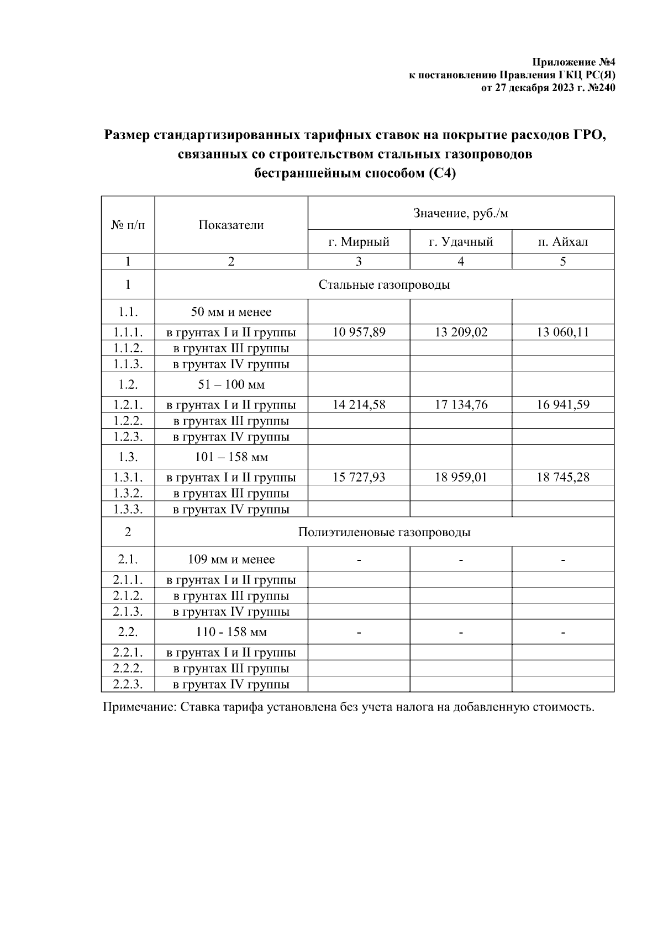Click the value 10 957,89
tap(359, 332)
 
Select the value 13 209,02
tap(461, 332)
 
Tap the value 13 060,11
tap(562, 332)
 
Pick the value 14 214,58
tap(359, 405)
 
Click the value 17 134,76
tap(461, 405)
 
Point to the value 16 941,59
tap(562, 405)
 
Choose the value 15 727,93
tap(359, 477)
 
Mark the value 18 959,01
tap(461, 477)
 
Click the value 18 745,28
tap(562, 477)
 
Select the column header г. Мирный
tap(359, 242)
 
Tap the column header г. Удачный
tap(461, 242)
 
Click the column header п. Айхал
tap(562, 242)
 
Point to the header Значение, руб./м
tap(461, 213)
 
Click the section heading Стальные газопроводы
tap(384, 285)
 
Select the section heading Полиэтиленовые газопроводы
tap(384, 532)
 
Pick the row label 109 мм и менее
tap(231, 559)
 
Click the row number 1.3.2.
tap(128, 493)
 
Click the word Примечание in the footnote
tap(139, 707)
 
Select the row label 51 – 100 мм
tap(231, 384)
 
